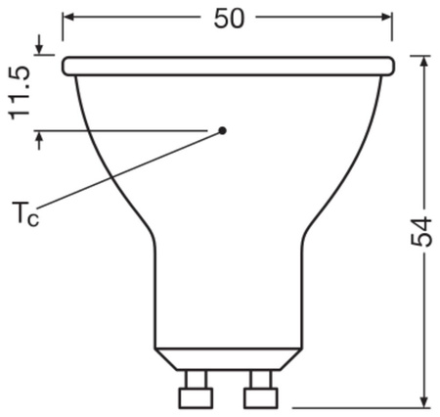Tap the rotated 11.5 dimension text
20,94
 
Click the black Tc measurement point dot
223,129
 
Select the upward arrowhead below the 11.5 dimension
39,137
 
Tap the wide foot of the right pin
261,398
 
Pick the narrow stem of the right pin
261,378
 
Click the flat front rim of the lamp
229,66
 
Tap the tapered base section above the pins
229,358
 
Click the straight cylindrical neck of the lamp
229,294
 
